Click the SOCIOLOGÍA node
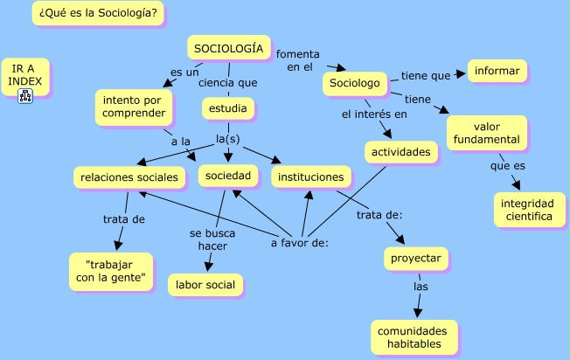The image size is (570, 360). [x=227, y=49]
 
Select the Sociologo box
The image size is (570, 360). [x=356, y=84]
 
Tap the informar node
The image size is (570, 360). [x=497, y=71]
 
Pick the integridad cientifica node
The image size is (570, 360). [x=527, y=210]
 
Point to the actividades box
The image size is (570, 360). [x=401, y=152]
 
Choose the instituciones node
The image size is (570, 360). [x=310, y=177]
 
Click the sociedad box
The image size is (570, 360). [x=228, y=177]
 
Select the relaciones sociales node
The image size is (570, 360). [x=129, y=177]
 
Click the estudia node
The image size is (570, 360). [x=228, y=108]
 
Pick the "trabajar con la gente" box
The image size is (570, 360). [x=110, y=271]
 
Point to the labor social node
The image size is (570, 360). [x=205, y=284]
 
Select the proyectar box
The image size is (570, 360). [x=416, y=259]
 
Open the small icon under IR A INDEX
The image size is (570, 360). [x=24, y=94]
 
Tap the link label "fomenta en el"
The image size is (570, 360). [x=298, y=60]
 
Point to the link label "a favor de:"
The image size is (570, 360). [x=299, y=242]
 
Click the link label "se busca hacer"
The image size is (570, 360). [x=208, y=239]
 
